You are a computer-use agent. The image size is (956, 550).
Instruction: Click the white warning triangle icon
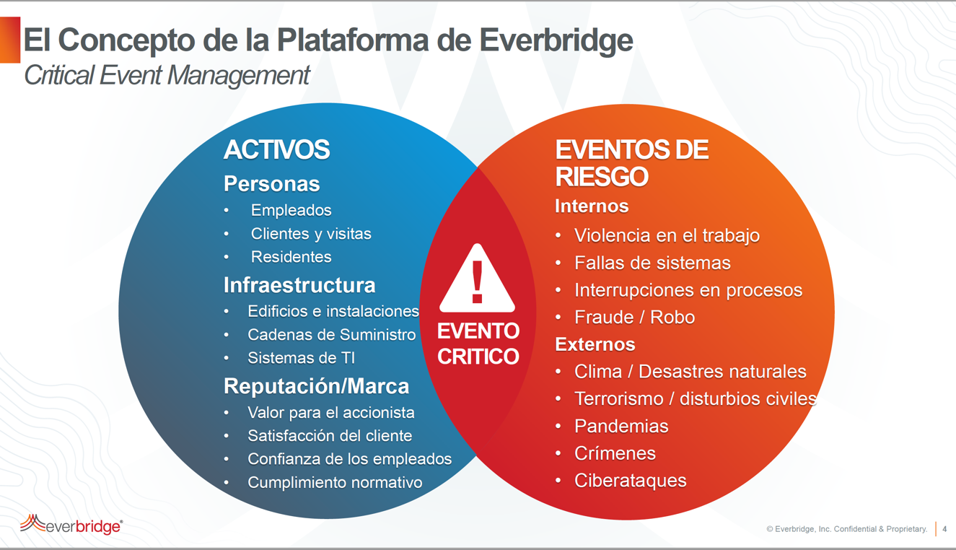point(477,280)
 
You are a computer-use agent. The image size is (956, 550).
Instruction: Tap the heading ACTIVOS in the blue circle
point(276,149)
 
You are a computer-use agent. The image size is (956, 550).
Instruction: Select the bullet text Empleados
point(291,210)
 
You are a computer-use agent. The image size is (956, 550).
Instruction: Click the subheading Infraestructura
point(299,285)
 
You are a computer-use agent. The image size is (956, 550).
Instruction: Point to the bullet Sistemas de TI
point(302,358)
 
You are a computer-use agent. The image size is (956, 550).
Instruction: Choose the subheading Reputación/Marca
point(316,386)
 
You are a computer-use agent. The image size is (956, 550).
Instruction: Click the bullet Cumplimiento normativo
point(335,483)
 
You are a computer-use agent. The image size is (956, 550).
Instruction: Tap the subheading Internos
point(592,206)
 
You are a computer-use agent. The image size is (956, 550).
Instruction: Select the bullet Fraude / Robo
point(635,318)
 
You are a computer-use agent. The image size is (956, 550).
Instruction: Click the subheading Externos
point(595,344)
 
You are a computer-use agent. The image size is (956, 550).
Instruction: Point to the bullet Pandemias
point(621,426)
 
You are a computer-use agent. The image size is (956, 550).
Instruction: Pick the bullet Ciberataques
point(631,481)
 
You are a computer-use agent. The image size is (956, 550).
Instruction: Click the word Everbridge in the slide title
point(556,40)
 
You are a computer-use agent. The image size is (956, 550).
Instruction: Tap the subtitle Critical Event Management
point(167,76)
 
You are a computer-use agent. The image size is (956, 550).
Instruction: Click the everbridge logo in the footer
point(71,525)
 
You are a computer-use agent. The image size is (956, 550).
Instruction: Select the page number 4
point(944,528)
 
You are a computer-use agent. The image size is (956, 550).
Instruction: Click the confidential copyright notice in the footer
point(847,529)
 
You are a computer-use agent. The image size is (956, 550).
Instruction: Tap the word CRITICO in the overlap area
point(478,357)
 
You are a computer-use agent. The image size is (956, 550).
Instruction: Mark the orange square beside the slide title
point(10,40)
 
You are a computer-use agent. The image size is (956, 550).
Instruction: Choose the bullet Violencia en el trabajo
point(667,235)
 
